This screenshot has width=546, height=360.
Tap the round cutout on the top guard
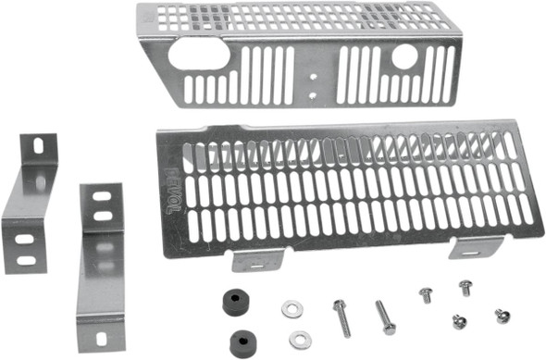(404, 56)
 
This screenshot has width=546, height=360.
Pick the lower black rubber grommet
(243, 339)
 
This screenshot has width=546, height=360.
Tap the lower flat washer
(299, 340)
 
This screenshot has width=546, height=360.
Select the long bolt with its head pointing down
(385, 317)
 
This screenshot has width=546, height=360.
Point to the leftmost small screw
(426, 295)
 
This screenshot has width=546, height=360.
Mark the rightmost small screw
(503, 316)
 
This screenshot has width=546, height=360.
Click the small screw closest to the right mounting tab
(465, 288)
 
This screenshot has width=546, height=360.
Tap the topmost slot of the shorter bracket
(39, 145)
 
